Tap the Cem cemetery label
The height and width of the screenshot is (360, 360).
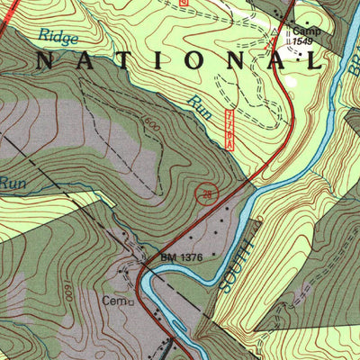[x=113, y=301]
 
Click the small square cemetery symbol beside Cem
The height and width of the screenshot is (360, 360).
[x=130, y=302]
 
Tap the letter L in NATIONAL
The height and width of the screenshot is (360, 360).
[x=314, y=61]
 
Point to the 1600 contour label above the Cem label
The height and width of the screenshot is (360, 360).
[x=68, y=291]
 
